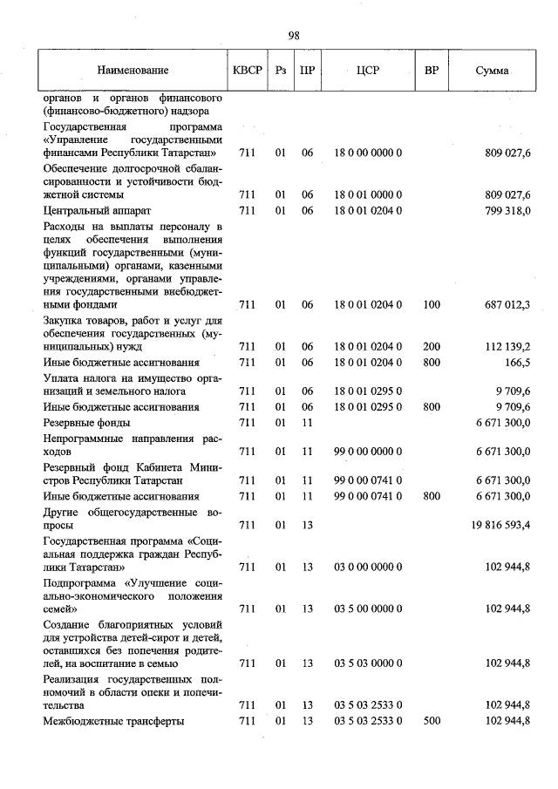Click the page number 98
tap(294, 36)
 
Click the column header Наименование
tap(133, 71)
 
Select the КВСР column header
tap(248, 71)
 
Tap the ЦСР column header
tap(367, 71)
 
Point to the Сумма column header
tap(492, 71)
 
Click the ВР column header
tap(431, 71)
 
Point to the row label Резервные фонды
tap(87, 422)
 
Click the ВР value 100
tap(431, 305)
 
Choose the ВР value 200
tap(431, 346)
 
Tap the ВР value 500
tap(431, 721)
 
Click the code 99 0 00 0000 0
tap(367, 451)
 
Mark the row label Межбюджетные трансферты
tap(114, 721)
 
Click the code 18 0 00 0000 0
tap(367, 153)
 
